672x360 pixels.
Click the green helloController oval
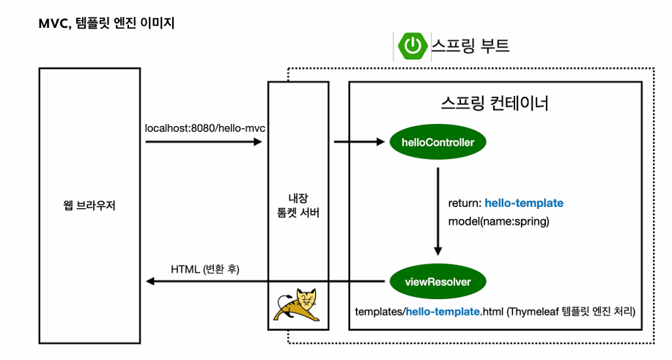coord(438,142)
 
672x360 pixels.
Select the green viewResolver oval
coord(437,281)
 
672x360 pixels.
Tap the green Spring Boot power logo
coord(413,46)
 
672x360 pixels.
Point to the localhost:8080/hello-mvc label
coord(205,128)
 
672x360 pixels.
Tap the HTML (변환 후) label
coord(206,268)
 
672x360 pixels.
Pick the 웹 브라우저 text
coord(90,205)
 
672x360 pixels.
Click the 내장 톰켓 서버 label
coord(296,205)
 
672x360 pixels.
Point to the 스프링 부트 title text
coord(470,46)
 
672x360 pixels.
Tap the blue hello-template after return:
coord(524,202)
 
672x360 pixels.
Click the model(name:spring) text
coord(498,221)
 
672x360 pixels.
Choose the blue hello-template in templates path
coord(443,312)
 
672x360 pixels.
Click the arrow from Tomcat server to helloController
coord(359,142)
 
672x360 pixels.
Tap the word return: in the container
coord(465,202)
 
